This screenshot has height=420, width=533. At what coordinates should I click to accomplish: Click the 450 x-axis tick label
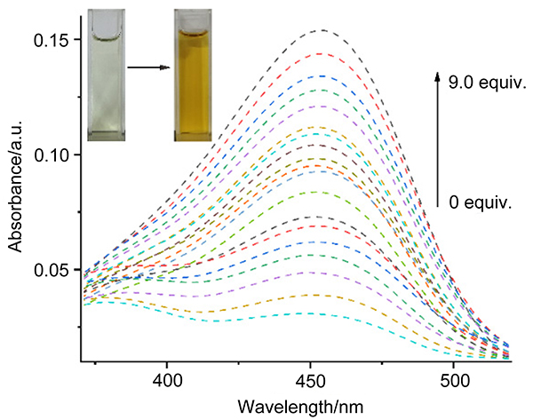310,379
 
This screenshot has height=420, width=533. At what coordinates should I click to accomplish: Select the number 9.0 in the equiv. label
461,84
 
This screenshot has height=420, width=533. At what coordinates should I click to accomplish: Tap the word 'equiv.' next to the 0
488,202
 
